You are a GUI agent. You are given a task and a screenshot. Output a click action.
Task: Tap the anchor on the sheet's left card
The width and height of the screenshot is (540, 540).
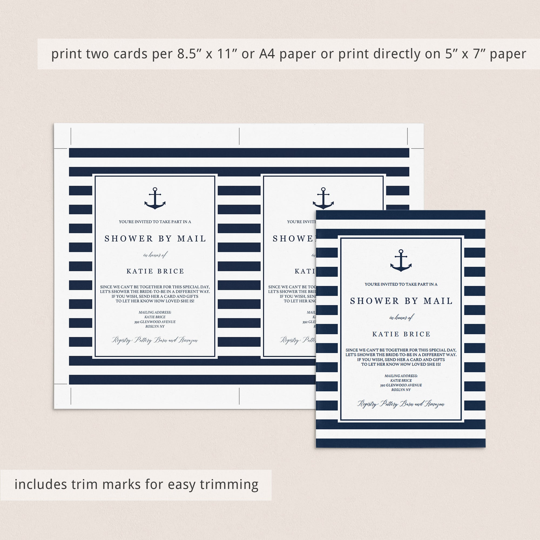click(155, 198)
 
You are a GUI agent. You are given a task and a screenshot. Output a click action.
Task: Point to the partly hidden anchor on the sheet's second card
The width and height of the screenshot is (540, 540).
click(323, 198)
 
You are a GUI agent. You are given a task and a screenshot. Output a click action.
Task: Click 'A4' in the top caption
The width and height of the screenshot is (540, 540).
click(267, 54)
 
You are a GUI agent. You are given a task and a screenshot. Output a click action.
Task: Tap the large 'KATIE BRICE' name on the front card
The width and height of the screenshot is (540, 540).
click(401, 334)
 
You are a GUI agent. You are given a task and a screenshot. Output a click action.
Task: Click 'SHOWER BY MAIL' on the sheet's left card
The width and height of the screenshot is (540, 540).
click(155, 238)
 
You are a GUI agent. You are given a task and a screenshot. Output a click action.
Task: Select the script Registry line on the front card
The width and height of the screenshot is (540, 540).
click(401, 404)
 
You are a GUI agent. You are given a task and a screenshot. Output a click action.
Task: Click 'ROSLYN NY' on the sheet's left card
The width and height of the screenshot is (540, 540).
click(155, 326)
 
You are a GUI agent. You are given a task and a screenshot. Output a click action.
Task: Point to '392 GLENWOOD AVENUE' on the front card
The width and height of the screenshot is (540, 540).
click(401, 385)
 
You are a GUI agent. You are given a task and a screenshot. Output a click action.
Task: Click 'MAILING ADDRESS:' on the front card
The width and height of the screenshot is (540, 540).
click(401, 376)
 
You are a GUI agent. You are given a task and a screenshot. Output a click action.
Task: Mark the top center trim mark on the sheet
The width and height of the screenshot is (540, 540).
click(239, 136)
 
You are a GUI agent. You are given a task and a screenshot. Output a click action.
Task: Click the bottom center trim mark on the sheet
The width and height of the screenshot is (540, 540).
click(239, 396)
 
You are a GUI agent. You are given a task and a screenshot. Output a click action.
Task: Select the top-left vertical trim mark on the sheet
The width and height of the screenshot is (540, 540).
click(71, 136)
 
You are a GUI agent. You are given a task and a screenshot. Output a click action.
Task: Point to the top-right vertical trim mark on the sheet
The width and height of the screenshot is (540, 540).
click(407, 136)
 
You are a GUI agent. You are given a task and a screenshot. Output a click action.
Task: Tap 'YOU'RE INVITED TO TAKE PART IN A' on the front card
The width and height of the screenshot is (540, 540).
click(401, 284)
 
